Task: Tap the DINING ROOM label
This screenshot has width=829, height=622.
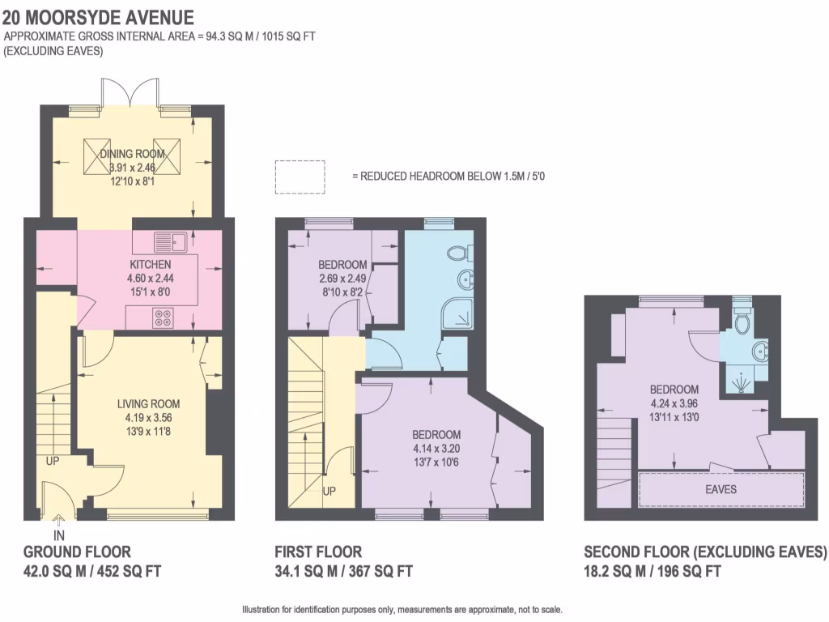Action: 125,154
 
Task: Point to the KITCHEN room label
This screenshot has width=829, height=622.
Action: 150,265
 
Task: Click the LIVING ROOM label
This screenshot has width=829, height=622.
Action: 148,404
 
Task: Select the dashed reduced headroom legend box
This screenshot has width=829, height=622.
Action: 300,177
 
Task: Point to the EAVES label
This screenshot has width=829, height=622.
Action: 721,489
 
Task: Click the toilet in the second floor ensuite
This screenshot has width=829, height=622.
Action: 742,322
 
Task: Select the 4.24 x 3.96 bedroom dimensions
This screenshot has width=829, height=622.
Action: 674,403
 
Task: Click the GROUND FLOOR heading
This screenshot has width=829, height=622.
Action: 77,552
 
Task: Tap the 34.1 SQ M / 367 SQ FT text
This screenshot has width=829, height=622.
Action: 343,571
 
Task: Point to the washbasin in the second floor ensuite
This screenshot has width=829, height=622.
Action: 760,351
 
